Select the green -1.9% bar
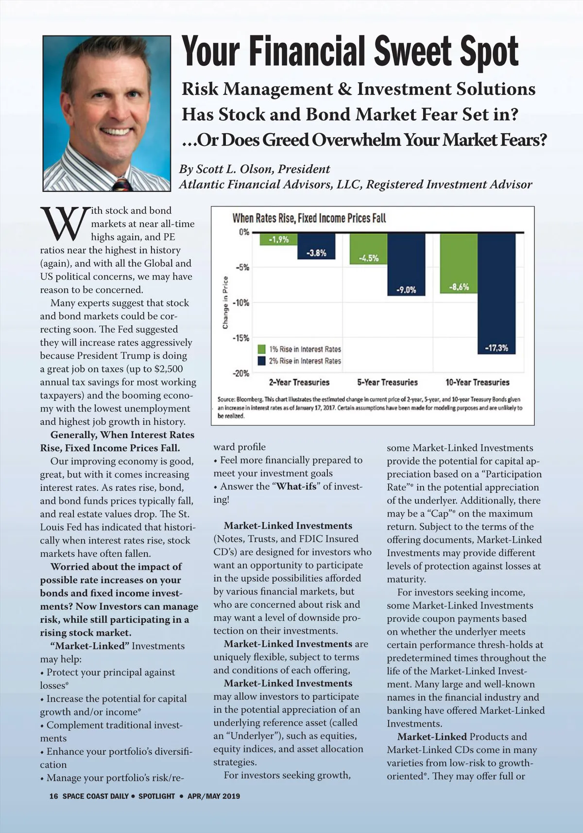278,239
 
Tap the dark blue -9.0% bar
406,264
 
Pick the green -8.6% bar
459,263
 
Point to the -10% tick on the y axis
241,303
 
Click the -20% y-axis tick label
241,373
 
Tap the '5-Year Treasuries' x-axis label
387,382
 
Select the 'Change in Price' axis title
225,302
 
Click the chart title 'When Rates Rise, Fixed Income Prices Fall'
309,218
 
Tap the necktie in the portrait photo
122,185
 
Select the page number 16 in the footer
53,796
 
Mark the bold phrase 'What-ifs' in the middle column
296,486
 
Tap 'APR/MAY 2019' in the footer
214,796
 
